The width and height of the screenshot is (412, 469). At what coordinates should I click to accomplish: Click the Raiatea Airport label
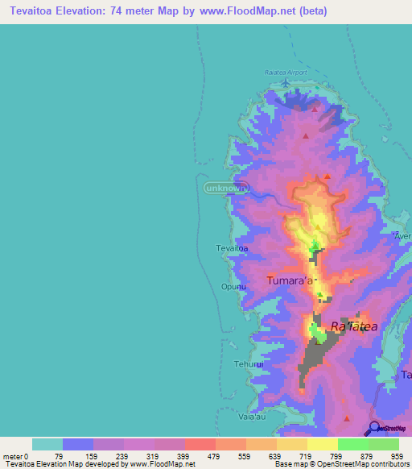(x=286, y=73)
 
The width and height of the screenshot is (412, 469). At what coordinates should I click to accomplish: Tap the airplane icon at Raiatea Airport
(x=286, y=81)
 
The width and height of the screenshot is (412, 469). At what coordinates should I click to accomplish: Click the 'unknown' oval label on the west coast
(x=223, y=188)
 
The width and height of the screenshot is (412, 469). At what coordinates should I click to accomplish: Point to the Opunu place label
(x=231, y=286)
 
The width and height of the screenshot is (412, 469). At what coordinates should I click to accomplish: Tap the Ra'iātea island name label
(x=353, y=326)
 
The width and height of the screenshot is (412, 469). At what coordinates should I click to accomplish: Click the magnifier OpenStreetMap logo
(x=373, y=429)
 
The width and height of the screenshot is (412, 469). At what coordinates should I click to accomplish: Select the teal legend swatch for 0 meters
(x=47, y=444)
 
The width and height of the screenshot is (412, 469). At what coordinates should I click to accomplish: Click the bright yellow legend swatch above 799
(x=323, y=444)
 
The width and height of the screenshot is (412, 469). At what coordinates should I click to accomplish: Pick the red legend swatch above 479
(x=200, y=444)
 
